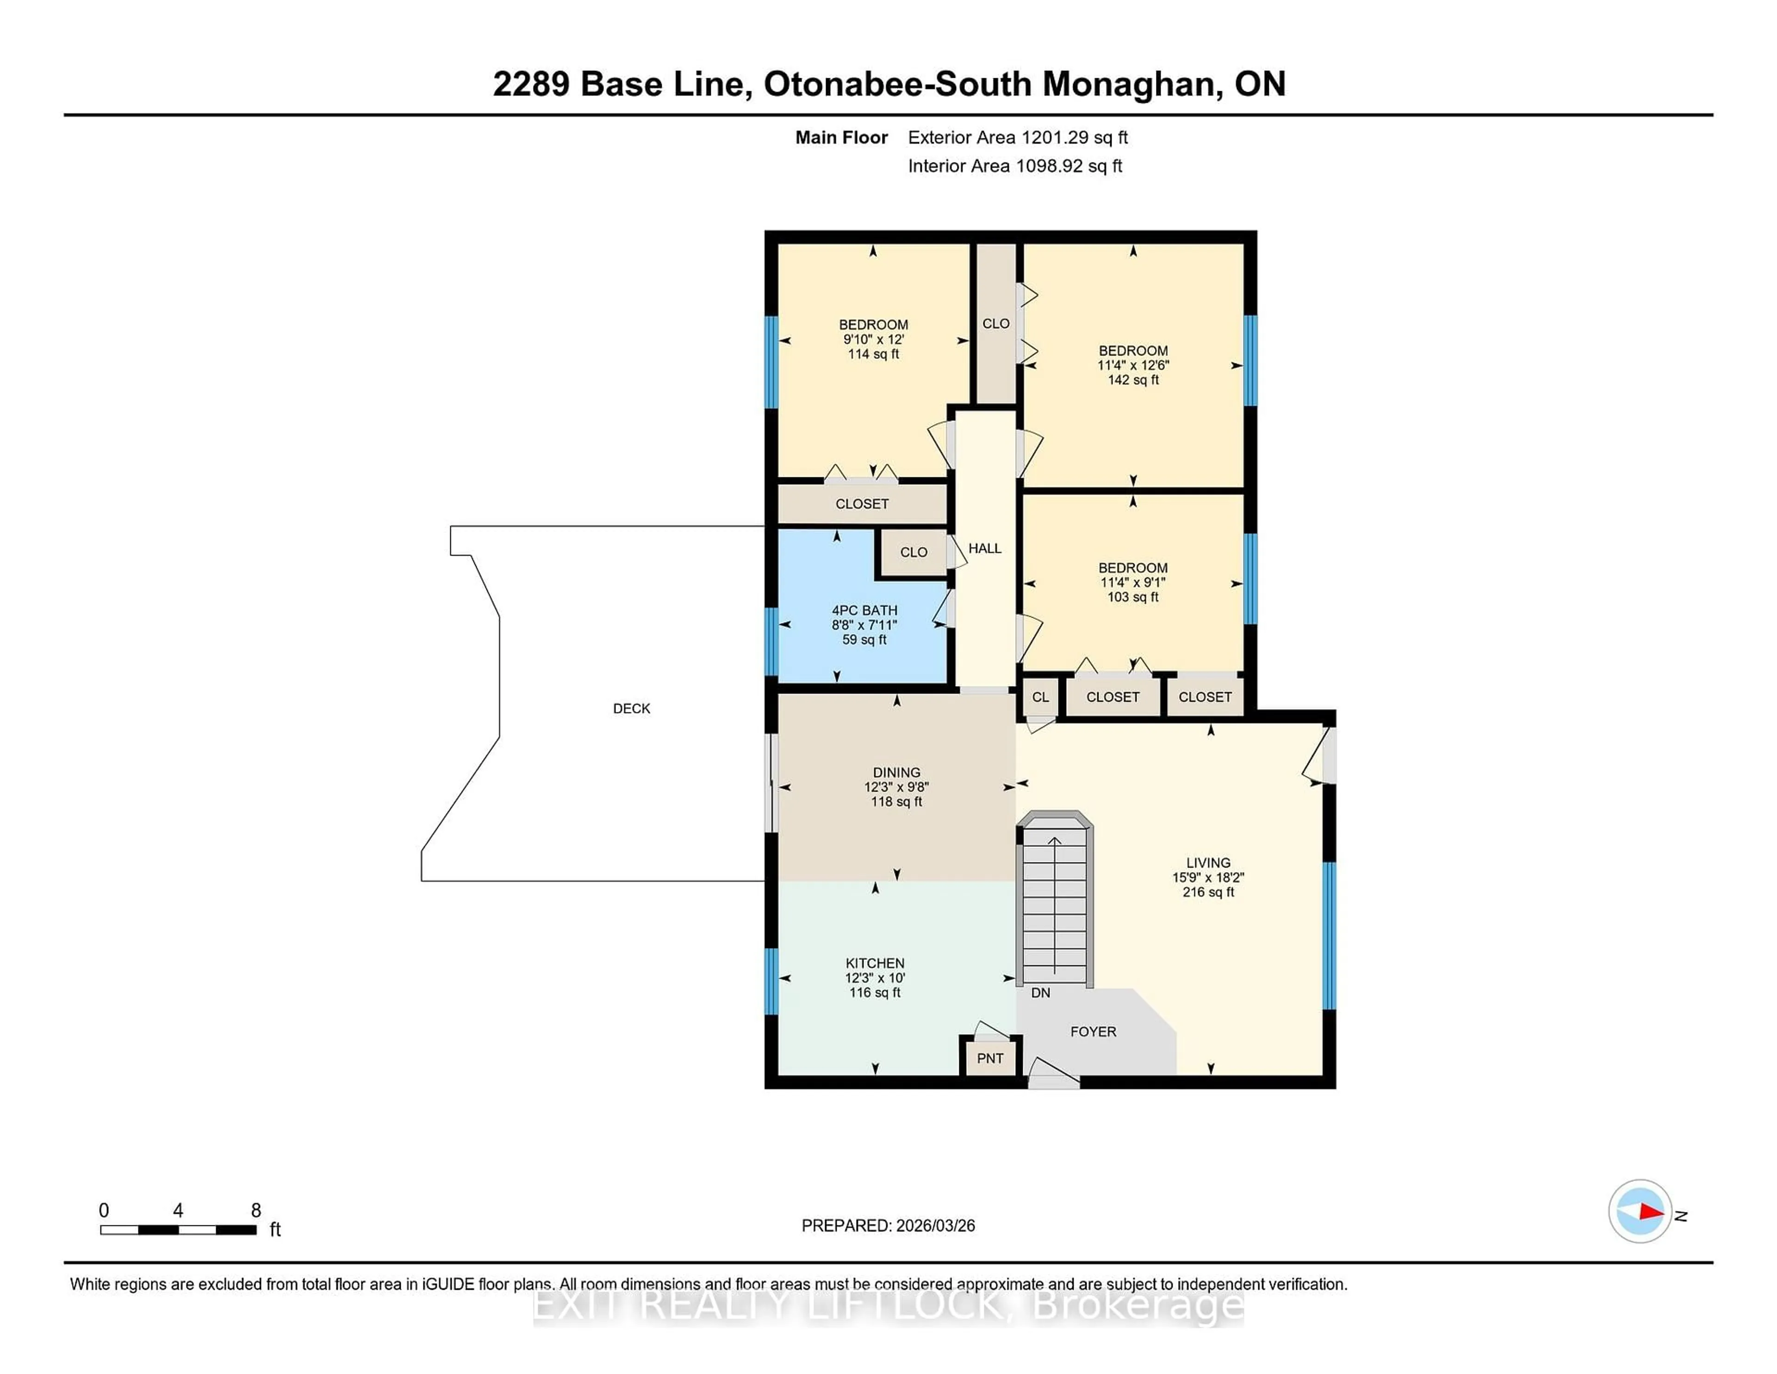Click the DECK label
(x=631, y=708)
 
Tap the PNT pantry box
(x=989, y=1058)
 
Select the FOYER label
(x=1093, y=1031)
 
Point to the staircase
(x=1055, y=904)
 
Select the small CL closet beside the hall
(x=1040, y=697)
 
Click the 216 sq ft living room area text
(x=1208, y=892)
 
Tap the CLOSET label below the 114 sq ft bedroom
(x=862, y=504)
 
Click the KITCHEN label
(x=875, y=963)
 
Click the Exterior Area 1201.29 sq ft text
(x=1017, y=137)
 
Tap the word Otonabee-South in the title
(x=897, y=84)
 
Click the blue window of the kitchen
(x=770, y=981)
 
